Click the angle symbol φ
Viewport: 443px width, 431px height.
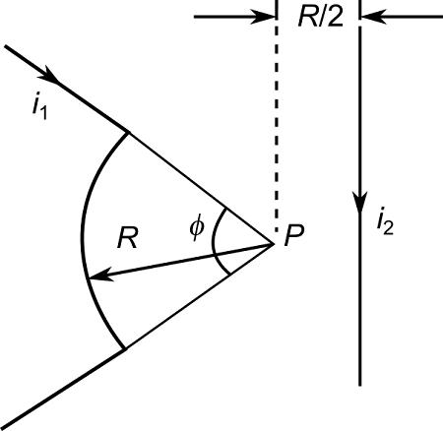[197, 228]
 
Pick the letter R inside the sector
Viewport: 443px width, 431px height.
[124, 237]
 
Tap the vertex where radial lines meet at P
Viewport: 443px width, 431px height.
[274, 241]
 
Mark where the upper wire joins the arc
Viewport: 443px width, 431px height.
[126, 132]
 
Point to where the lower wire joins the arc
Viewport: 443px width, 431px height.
[125, 348]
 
